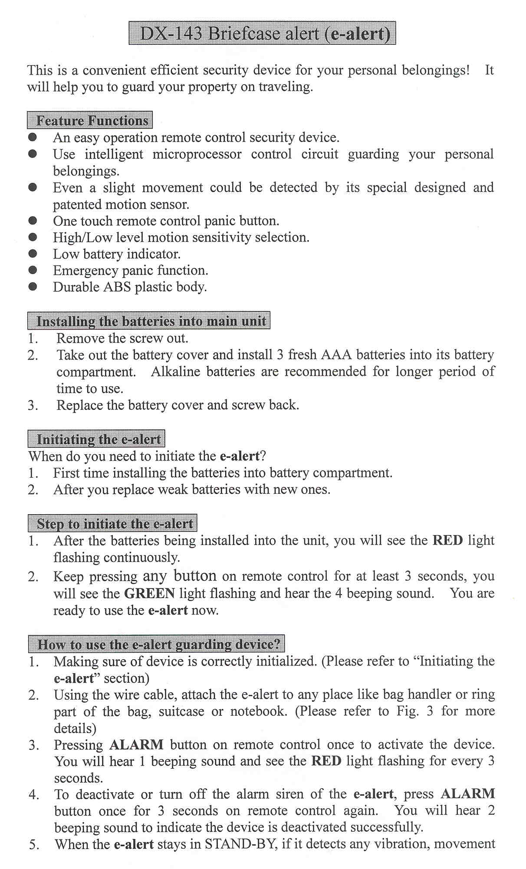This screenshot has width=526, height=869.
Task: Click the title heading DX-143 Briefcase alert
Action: pos(262,33)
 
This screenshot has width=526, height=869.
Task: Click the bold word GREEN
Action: pos(149,593)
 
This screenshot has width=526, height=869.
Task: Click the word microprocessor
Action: pos(197,154)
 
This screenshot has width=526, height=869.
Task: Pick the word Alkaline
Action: pos(175,372)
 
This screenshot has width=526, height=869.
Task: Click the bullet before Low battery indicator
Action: pos(33,254)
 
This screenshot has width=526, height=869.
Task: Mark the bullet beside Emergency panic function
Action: pos(33,270)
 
